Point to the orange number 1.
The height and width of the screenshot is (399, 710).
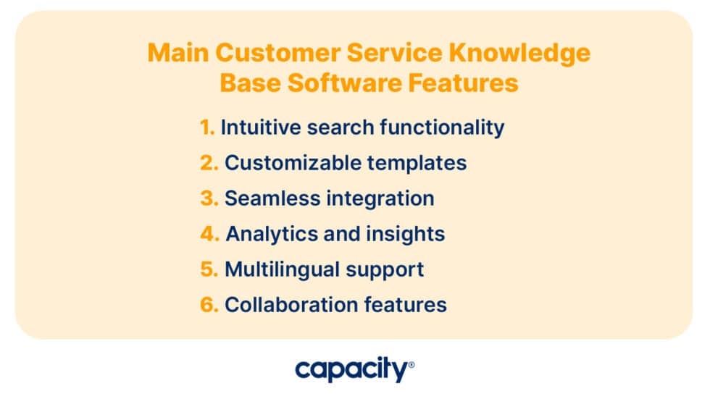(207, 127)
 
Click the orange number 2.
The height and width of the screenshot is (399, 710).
(209, 163)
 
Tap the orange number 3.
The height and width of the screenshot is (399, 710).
(209, 198)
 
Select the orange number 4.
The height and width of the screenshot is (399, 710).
(209, 234)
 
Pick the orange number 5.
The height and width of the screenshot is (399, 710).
(209, 269)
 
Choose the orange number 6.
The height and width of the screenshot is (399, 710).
(209, 305)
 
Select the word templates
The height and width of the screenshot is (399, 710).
(421, 163)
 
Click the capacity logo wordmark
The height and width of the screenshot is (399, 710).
(351, 371)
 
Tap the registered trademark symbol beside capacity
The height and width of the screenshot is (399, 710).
(412, 365)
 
